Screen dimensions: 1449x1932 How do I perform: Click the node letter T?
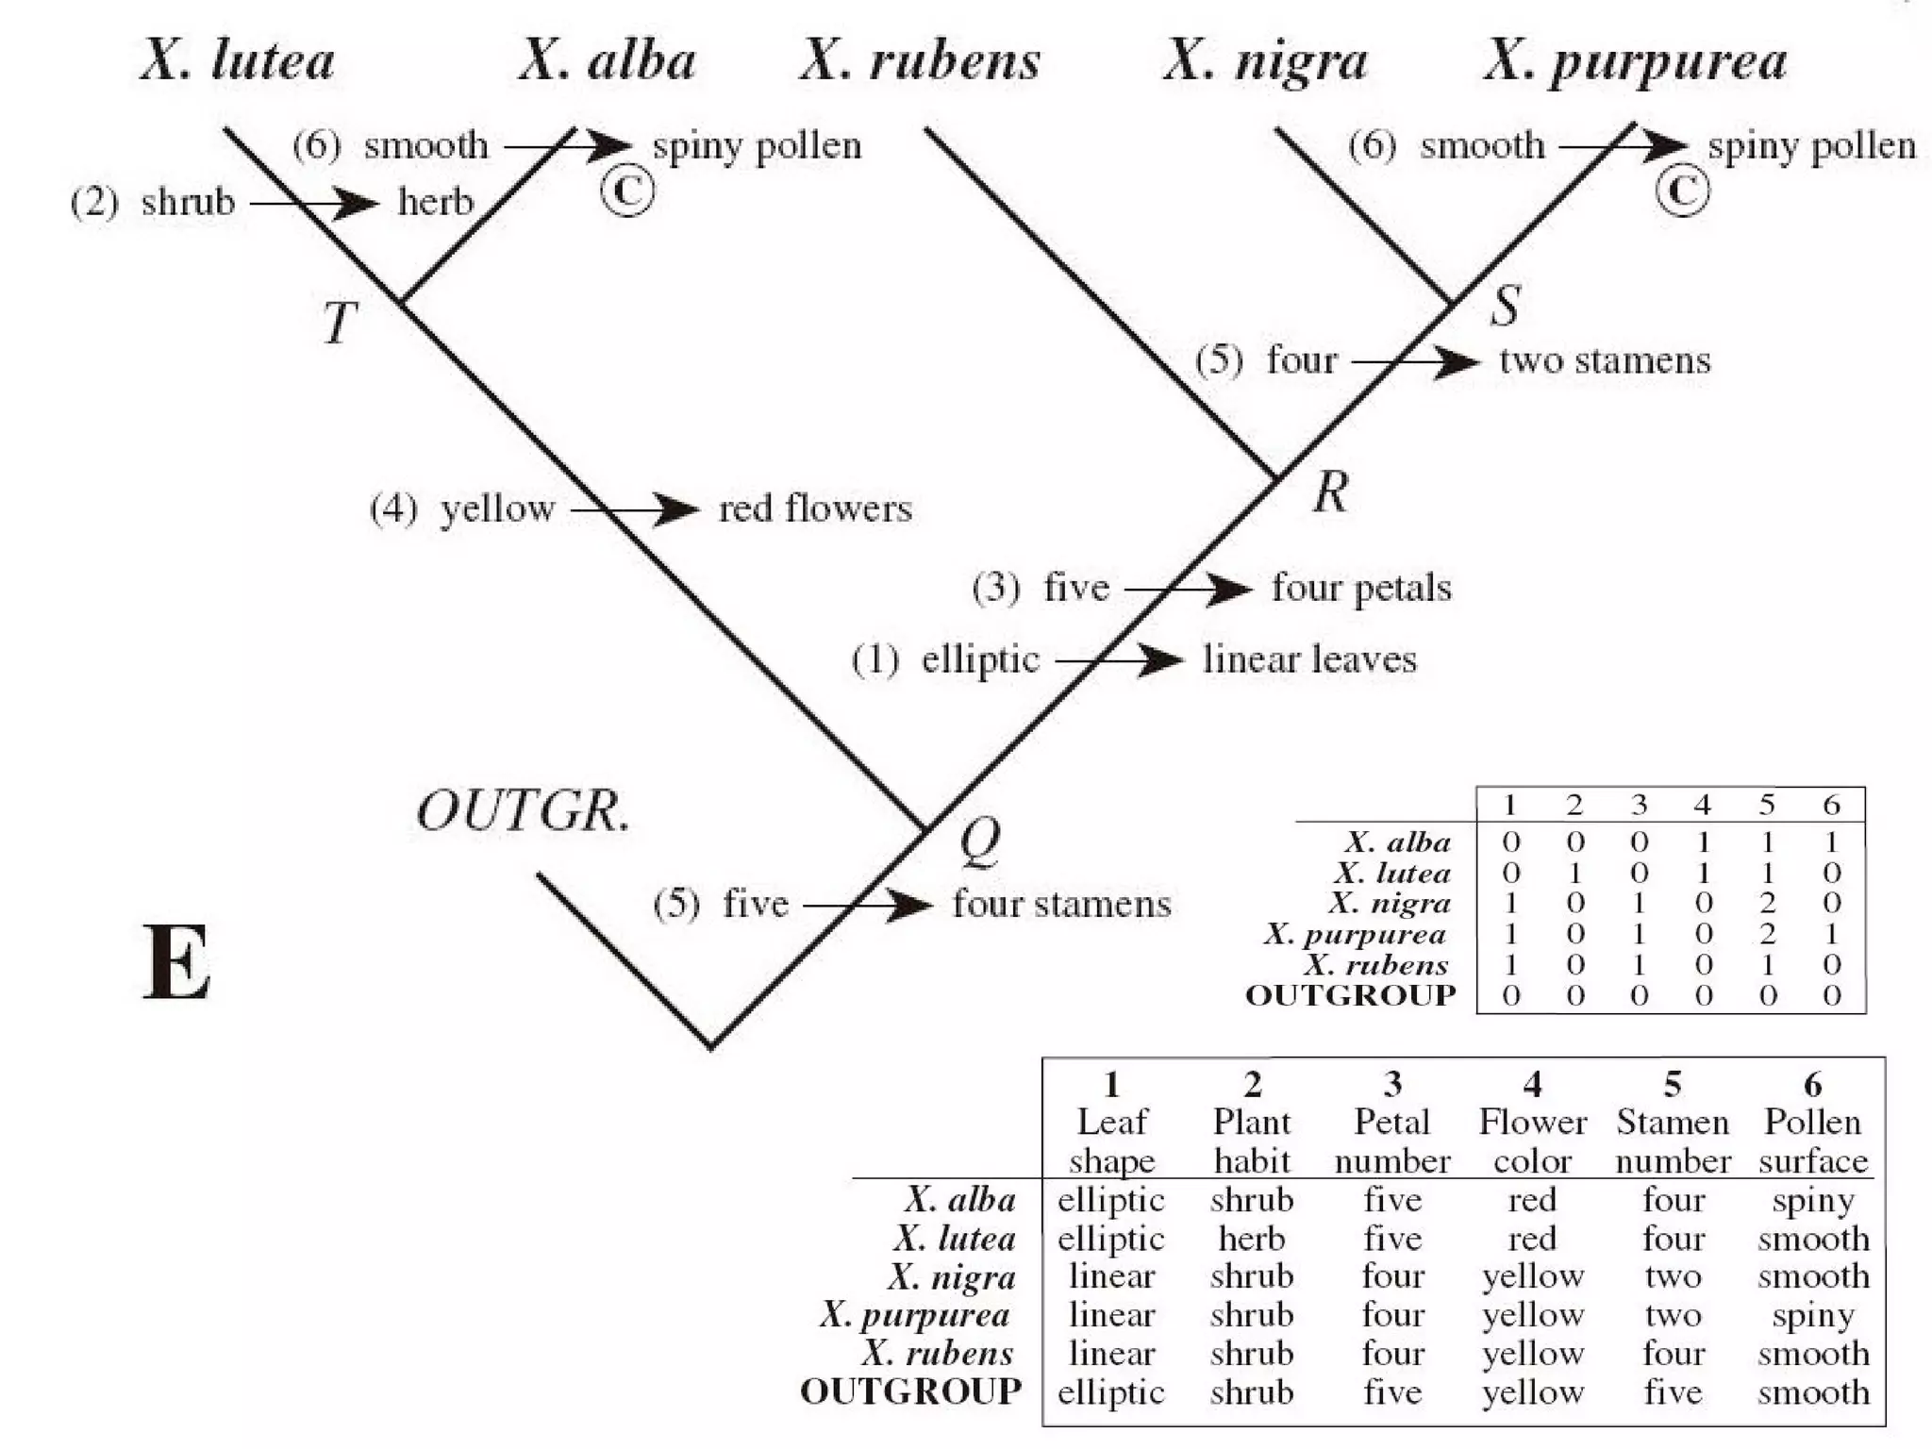tap(339, 323)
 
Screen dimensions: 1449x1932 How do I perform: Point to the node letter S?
tap(1506, 306)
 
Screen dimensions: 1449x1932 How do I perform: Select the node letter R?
tap(1331, 492)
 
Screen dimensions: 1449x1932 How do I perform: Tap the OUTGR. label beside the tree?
tap(524, 811)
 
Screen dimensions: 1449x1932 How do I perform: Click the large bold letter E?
tap(177, 962)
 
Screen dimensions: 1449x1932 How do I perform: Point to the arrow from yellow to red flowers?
tap(635, 509)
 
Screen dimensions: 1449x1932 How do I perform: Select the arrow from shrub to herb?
tap(314, 203)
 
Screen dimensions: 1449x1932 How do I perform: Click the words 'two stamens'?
tap(1605, 361)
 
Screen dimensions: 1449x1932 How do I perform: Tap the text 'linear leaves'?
tap(1309, 659)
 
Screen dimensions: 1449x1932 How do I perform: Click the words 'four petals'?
tap(1361, 588)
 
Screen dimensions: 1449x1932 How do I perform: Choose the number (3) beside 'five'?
tap(996, 588)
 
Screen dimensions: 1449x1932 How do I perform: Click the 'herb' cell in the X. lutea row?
tap(1251, 1238)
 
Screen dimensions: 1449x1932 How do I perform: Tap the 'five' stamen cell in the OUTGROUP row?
tap(1673, 1391)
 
